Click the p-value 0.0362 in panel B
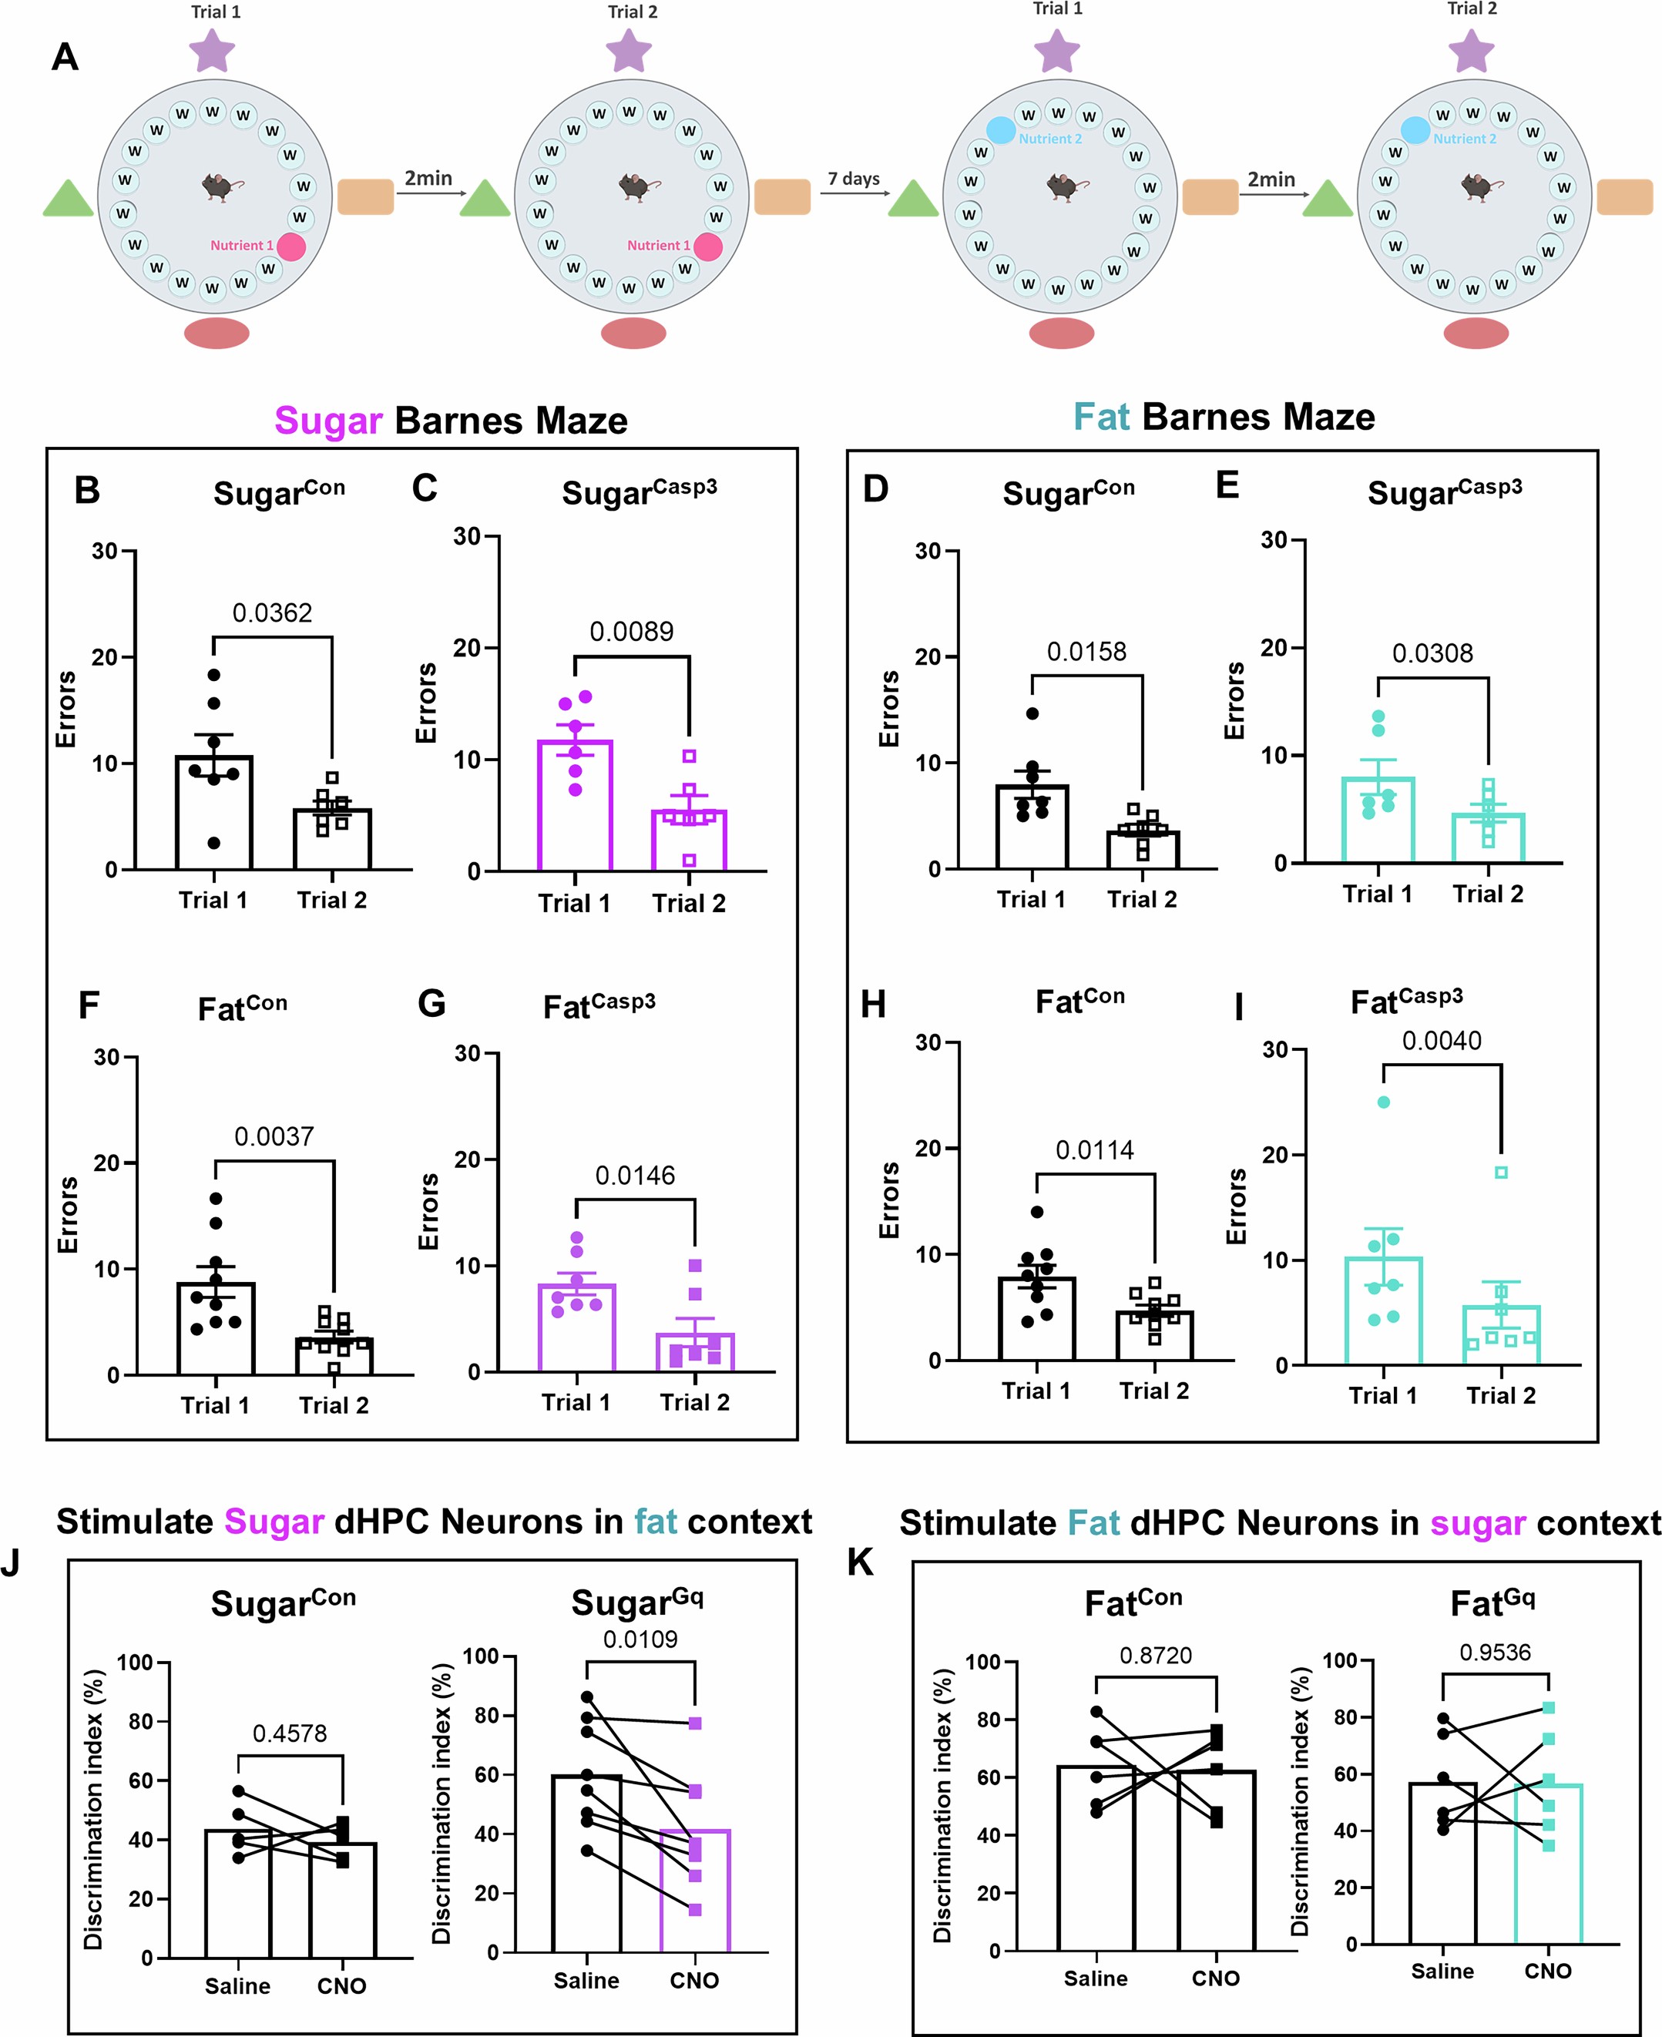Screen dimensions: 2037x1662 click(x=272, y=612)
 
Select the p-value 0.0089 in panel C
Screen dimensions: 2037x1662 click(x=631, y=632)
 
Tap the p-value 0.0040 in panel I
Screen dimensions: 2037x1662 click(x=1441, y=1041)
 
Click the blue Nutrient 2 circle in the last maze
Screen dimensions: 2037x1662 click(x=1415, y=130)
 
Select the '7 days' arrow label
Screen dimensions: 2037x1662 click(x=853, y=179)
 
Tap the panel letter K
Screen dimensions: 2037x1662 click(x=860, y=1562)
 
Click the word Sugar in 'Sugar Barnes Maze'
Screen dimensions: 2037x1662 click(x=328, y=421)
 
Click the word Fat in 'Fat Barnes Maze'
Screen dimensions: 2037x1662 click(x=1100, y=418)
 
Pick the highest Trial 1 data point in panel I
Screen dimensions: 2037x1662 click(x=1382, y=1102)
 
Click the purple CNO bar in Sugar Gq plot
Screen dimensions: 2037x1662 click(x=695, y=1891)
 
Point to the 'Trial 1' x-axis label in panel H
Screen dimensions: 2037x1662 click(x=1035, y=1391)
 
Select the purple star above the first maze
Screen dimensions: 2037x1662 click(x=212, y=51)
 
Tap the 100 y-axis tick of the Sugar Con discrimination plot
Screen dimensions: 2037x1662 click(x=135, y=1663)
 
